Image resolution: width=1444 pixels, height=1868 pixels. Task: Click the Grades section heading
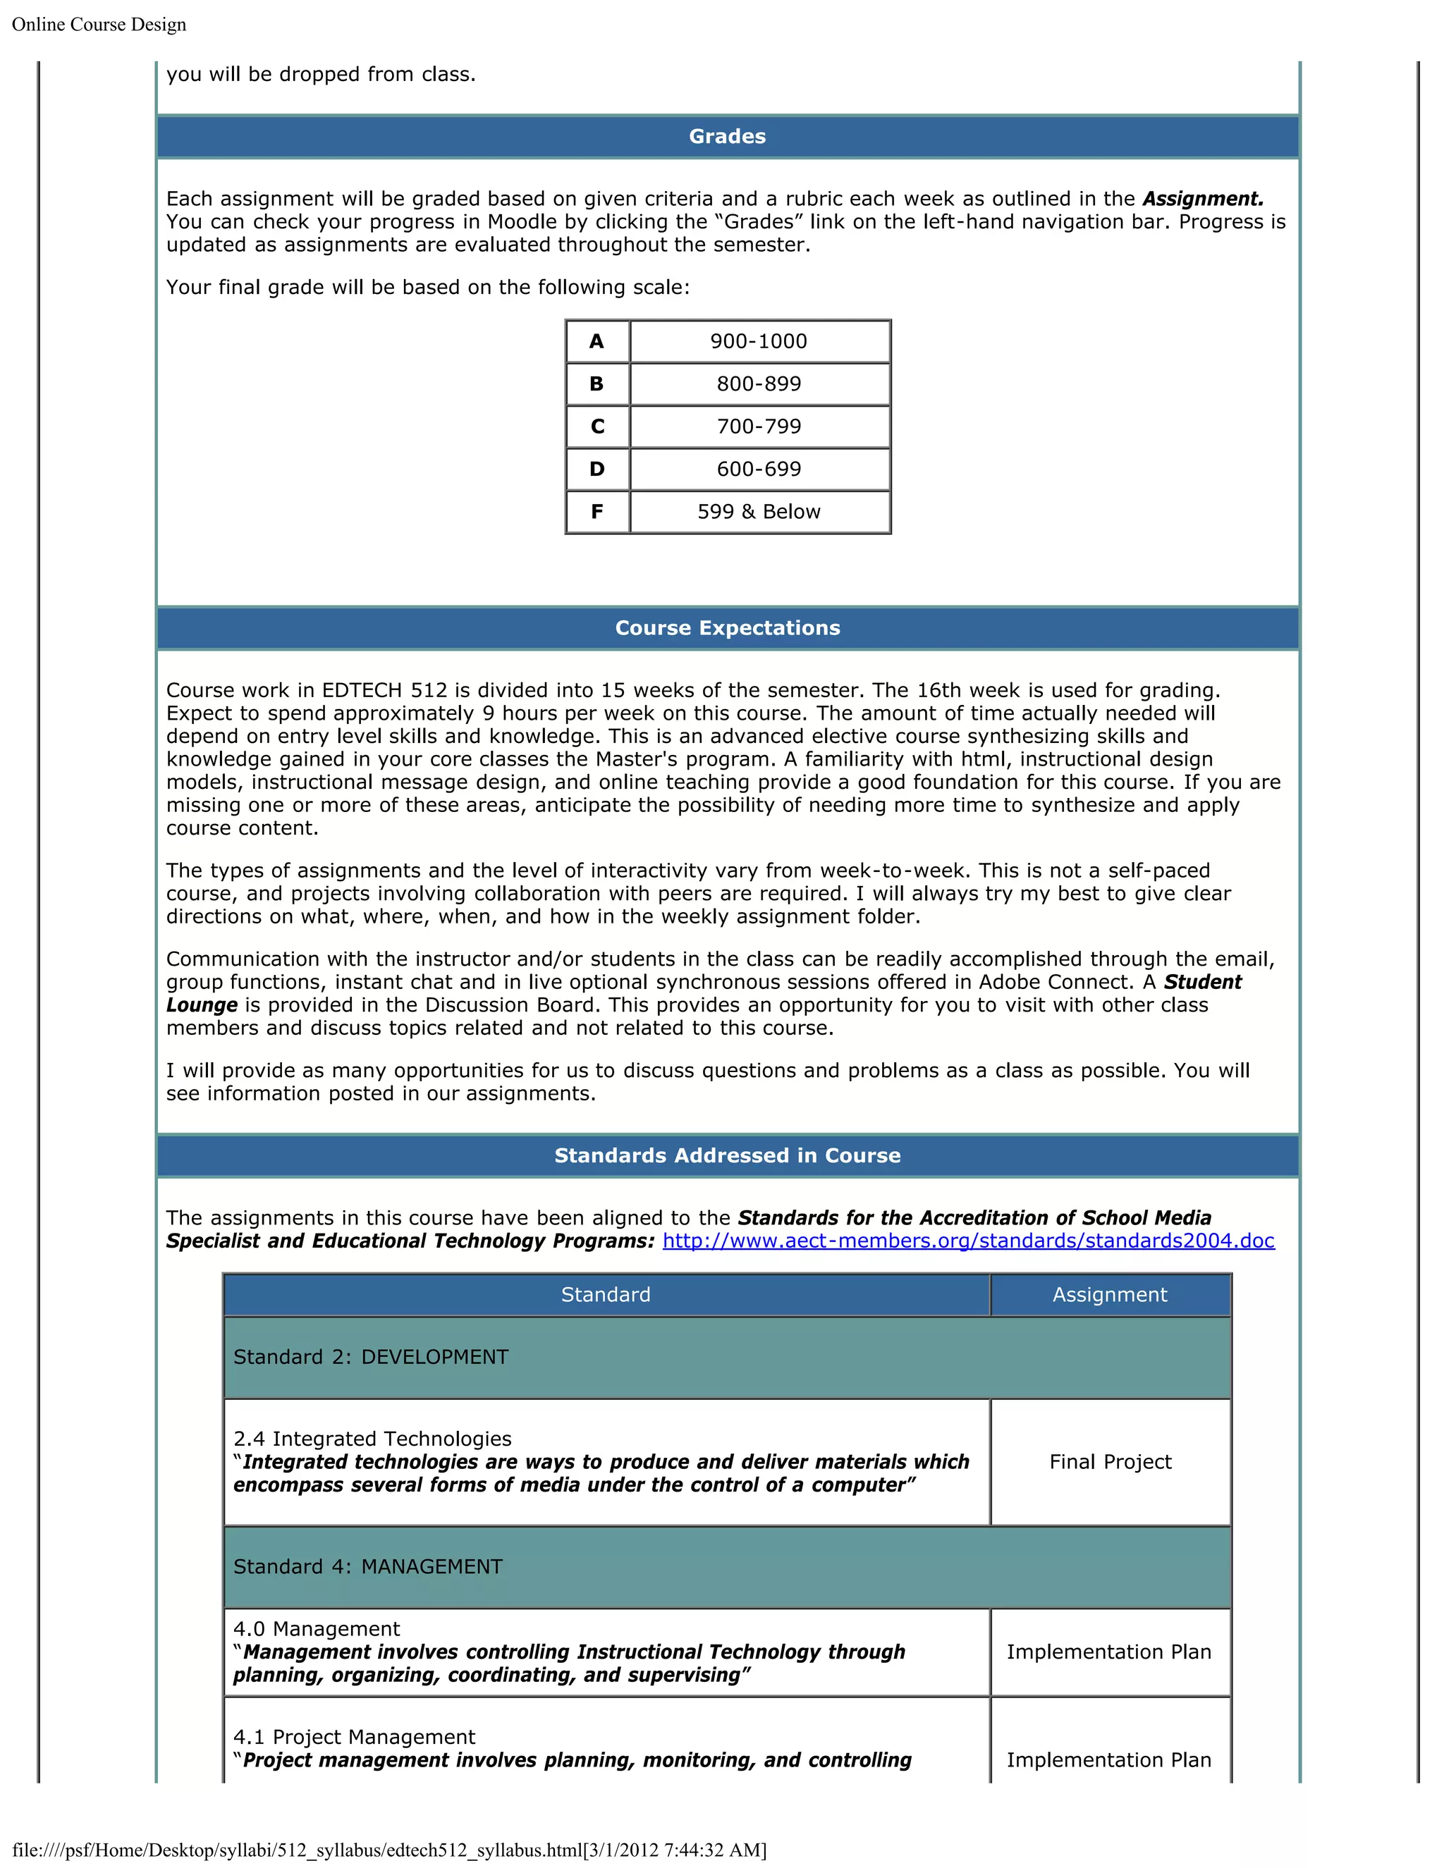pyautogui.click(x=727, y=137)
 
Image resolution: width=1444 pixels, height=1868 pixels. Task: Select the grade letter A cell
pyautogui.click(x=597, y=341)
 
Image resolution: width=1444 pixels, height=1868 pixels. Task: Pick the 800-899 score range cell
pyautogui.click(x=759, y=384)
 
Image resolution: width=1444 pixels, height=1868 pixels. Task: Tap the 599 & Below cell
pyautogui.click(x=759, y=512)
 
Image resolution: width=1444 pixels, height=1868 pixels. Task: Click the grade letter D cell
pyautogui.click(x=597, y=469)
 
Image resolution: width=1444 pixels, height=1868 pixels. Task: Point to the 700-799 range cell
pyautogui.click(x=759, y=426)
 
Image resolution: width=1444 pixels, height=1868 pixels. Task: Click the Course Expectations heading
pyautogui.click(x=727, y=628)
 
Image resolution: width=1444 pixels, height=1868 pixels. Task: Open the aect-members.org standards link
pyautogui.click(x=968, y=1241)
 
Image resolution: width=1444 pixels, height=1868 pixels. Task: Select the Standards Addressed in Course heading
pyautogui.click(x=727, y=1155)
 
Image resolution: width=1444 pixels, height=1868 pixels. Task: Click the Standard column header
pyautogui.click(x=606, y=1295)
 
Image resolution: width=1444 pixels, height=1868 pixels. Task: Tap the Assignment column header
pyautogui.click(x=1110, y=1295)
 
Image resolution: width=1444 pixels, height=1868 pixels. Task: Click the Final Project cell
pyautogui.click(x=1110, y=1462)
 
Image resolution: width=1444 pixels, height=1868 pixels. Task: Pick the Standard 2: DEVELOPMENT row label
pyautogui.click(x=370, y=1358)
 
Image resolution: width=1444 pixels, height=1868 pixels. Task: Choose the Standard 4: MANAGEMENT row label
pyautogui.click(x=368, y=1567)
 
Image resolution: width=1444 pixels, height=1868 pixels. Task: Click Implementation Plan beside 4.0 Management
pyautogui.click(x=1108, y=1652)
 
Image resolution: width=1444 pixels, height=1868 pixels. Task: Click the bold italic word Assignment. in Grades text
pyautogui.click(x=1203, y=199)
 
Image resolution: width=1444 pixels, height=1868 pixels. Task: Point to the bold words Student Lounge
pyautogui.click(x=1202, y=982)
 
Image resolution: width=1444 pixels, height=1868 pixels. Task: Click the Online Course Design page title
pyautogui.click(x=99, y=25)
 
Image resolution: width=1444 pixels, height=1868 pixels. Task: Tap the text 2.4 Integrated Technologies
pyautogui.click(x=372, y=1439)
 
